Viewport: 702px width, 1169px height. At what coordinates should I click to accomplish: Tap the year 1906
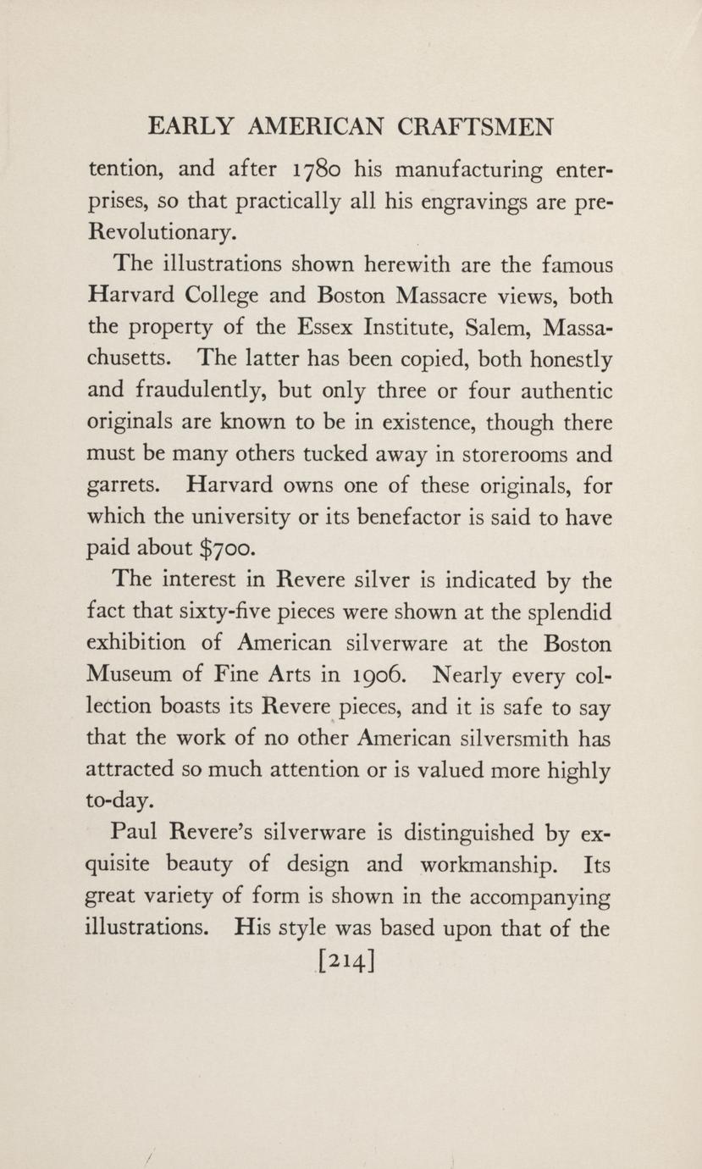(359, 675)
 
